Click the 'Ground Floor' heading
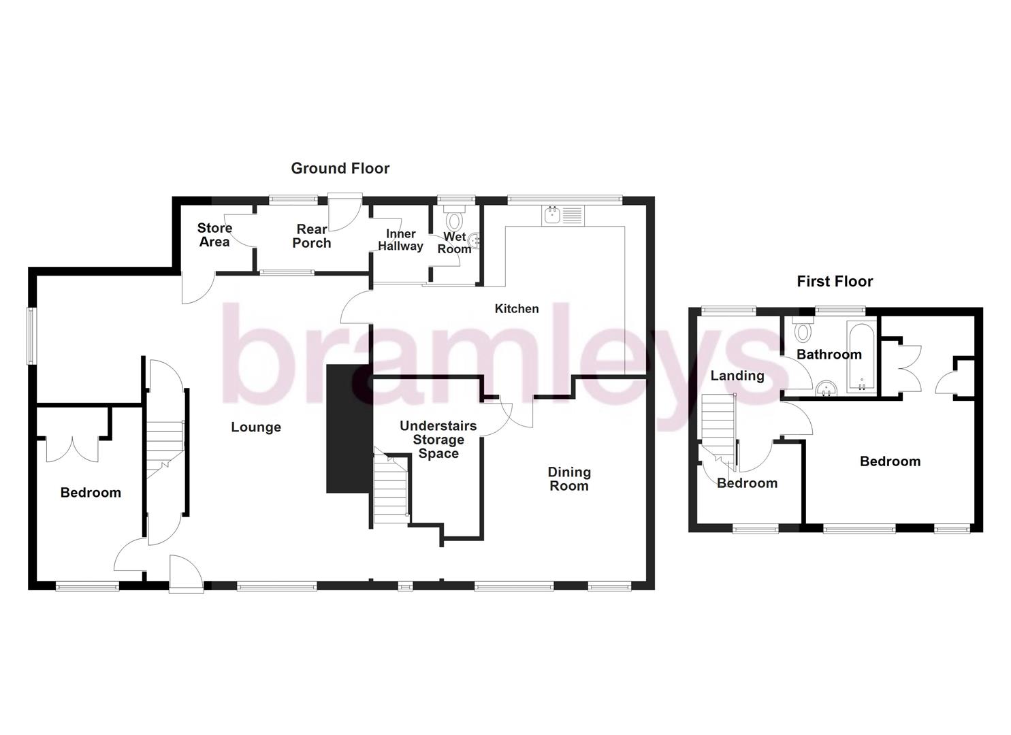pos(340,168)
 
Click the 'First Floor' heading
pos(835,281)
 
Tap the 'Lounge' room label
pos(256,427)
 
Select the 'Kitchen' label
pos(516,309)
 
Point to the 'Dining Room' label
pos(569,478)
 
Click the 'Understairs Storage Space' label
pos(438,440)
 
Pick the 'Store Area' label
pos(214,235)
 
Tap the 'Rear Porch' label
pos(312,236)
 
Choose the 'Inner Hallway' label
pos(400,240)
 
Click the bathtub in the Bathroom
pos(861,357)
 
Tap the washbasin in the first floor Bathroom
pos(827,388)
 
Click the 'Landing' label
pos(737,376)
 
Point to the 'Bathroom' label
pos(829,355)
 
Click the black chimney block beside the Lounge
pos(349,429)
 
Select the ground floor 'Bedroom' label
pos(91,493)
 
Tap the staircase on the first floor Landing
pos(719,429)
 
